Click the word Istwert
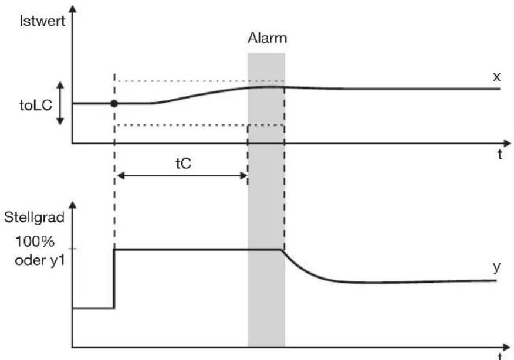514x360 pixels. click(x=43, y=21)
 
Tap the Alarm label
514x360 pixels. click(x=267, y=38)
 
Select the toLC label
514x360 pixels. click(x=36, y=106)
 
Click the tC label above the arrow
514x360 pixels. click(x=183, y=164)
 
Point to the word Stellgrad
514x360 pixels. click(x=34, y=218)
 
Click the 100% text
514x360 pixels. click(x=35, y=242)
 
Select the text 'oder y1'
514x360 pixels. click(x=40, y=261)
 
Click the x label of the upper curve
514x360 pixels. click(x=496, y=77)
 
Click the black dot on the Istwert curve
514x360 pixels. click(x=114, y=104)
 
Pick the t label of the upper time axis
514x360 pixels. click(x=499, y=154)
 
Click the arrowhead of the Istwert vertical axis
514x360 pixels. click(x=73, y=9)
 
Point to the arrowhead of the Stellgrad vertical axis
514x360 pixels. click(x=73, y=205)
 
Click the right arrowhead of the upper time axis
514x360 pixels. click(x=507, y=144)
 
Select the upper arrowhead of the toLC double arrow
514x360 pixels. click(x=60, y=86)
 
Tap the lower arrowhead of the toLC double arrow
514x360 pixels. click(x=60, y=121)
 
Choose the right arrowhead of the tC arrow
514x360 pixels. click(x=244, y=176)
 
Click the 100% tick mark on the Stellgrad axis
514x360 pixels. click(x=73, y=249)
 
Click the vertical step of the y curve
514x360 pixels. click(x=114, y=279)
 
